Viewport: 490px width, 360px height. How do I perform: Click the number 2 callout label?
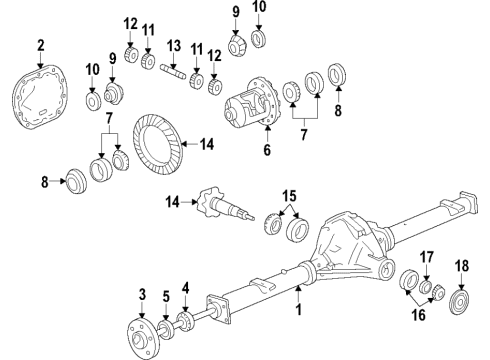pyautogui.click(x=41, y=44)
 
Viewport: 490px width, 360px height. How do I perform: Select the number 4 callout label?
pyautogui.click(x=186, y=290)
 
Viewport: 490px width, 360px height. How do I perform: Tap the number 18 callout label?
pyautogui.click(x=461, y=292)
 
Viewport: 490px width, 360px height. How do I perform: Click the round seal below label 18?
pyautogui.click(x=461, y=330)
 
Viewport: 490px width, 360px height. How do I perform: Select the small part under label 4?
pyautogui.click(x=184, y=320)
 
